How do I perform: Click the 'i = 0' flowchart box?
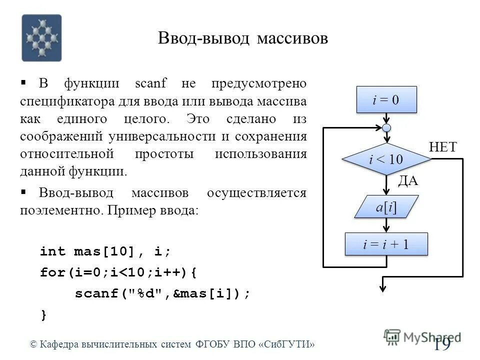point(386,99)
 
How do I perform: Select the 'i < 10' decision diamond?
point(386,159)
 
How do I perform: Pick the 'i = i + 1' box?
point(386,244)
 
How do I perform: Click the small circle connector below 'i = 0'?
point(386,127)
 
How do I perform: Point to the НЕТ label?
point(443,147)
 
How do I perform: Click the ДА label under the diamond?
point(407,181)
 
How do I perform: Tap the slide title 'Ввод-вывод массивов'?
point(243,38)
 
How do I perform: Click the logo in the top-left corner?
point(41,38)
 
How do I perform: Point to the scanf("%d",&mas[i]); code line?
point(162,294)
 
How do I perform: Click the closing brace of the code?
point(44,315)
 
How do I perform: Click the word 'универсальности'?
point(170,136)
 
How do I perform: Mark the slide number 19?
point(442,344)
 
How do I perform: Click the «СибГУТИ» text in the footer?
point(287,344)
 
